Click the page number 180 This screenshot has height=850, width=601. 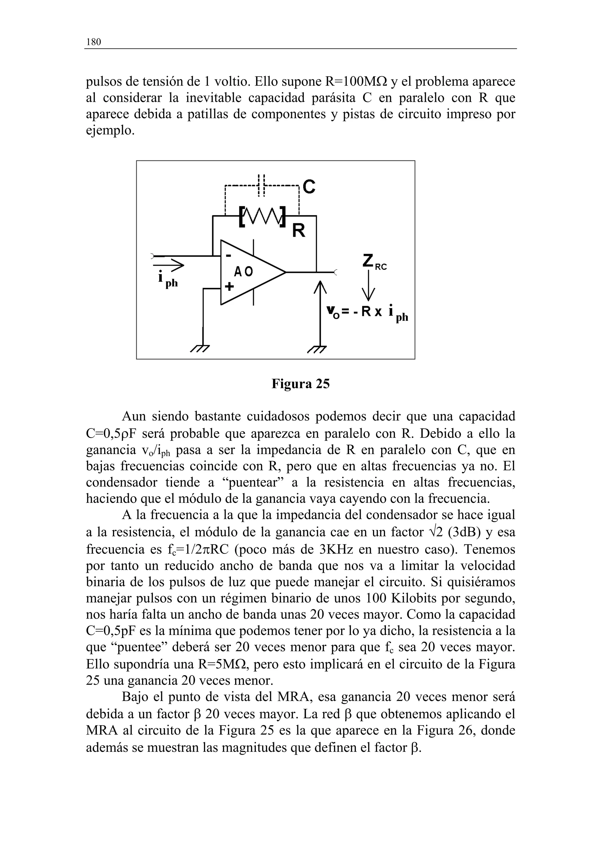[x=93, y=42]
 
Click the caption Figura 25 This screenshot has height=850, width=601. [x=300, y=384]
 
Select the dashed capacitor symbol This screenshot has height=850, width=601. [x=262, y=185]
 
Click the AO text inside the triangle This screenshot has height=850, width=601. [x=243, y=272]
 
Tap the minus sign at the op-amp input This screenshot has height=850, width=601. [x=229, y=255]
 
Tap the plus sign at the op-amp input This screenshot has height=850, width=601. [x=229, y=287]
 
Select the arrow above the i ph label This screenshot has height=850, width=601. [x=168, y=265]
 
